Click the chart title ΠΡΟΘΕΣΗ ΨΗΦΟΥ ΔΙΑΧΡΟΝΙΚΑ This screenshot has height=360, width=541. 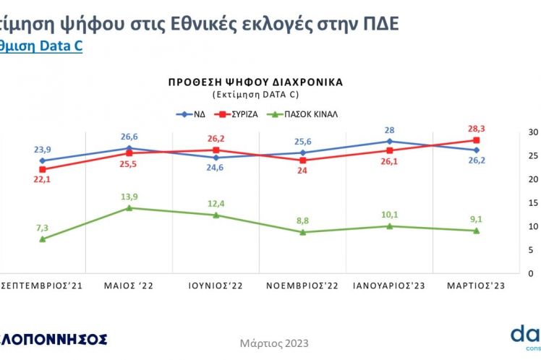(255, 82)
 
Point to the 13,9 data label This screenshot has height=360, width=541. (129, 196)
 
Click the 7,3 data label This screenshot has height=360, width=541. (42, 227)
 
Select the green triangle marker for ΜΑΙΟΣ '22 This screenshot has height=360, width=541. (129, 208)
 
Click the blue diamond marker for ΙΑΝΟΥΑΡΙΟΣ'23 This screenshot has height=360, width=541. (389, 142)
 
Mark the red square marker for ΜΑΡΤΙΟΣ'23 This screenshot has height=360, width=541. (476, 140)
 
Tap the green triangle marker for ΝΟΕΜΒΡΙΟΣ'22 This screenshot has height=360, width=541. (302, 232)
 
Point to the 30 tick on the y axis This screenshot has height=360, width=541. (514, 132)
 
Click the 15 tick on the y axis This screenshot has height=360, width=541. (514, 203)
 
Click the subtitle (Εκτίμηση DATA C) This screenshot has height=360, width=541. (255, 95)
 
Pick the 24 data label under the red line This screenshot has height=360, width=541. (302, 171)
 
